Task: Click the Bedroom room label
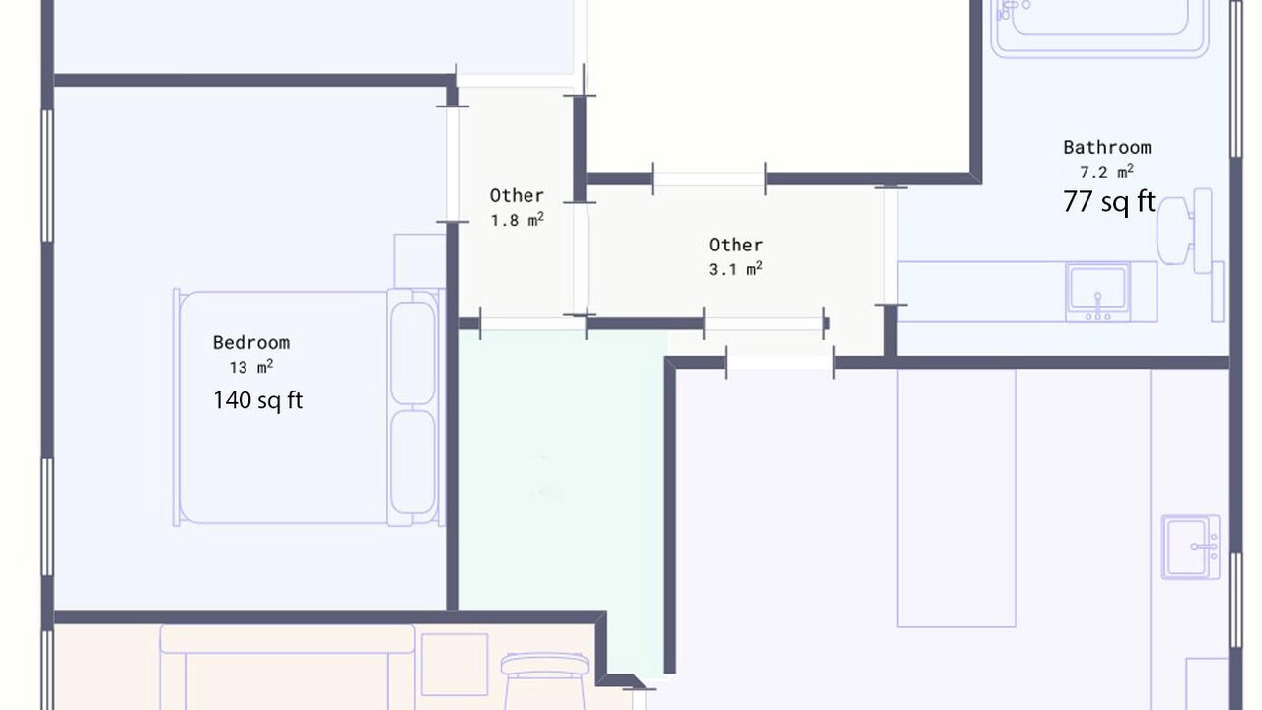[251, 342]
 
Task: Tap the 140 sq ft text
[258, 400]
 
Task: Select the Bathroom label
[1107, 148]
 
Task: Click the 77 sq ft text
[1109, 201]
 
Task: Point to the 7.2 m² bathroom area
[1106, 172]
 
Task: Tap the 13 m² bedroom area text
[251, 367]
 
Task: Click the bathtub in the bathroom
[1099, 29]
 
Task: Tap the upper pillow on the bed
[413, 353]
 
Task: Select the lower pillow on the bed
[413, 462]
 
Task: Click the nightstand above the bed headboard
[420, 261]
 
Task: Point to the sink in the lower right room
[1190, 546]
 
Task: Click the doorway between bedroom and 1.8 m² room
[453, 164]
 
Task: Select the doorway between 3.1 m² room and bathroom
[890, 246]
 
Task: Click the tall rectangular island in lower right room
[956, 498]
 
